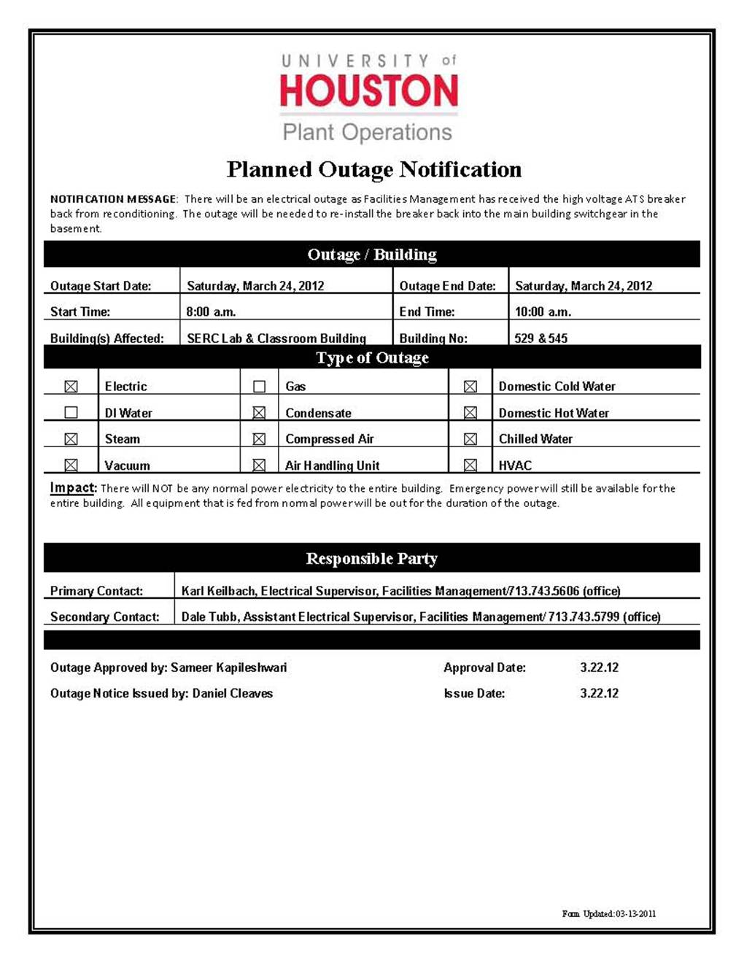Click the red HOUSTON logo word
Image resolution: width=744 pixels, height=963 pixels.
(369, 90)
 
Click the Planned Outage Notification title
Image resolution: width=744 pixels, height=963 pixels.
(373, 169)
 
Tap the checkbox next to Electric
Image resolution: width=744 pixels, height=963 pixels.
(71, 387)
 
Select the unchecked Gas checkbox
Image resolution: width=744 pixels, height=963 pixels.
(259, 387)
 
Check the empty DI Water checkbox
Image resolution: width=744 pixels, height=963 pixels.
(71, 413)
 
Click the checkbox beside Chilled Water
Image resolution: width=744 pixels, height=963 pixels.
(470, 439)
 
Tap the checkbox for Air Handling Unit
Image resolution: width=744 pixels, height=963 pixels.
(259, 465)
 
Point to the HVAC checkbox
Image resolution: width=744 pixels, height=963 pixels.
(470, 465)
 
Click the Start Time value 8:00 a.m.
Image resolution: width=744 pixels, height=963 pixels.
(211, 312)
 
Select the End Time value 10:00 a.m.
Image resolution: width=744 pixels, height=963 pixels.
(543, 312)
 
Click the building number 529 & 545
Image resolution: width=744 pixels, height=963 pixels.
(540, 339)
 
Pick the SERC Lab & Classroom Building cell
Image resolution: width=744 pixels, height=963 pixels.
(276, 339)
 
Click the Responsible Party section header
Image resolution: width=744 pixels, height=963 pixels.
(371, 559)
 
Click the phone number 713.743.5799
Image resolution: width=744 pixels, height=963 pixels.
(584, 617)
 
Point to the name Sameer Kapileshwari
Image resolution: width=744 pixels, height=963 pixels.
(228, 668)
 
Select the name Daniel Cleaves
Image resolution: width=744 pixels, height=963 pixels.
(232, 694)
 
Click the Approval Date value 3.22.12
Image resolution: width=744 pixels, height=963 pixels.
(599, 668)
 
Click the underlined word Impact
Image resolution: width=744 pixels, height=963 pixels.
(72, 488)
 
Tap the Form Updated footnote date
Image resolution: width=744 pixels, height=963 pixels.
(635, 914)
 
